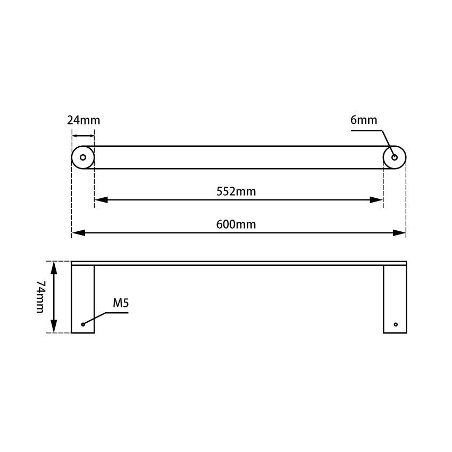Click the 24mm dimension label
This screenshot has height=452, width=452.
83,120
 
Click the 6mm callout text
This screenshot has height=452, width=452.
364,120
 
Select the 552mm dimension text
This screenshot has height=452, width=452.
236,191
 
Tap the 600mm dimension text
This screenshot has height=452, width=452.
236,224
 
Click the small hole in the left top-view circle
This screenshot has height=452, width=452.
83,157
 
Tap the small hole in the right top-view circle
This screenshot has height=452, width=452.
395,157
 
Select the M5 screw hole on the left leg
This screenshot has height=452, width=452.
83,324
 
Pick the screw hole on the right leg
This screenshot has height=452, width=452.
395,324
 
